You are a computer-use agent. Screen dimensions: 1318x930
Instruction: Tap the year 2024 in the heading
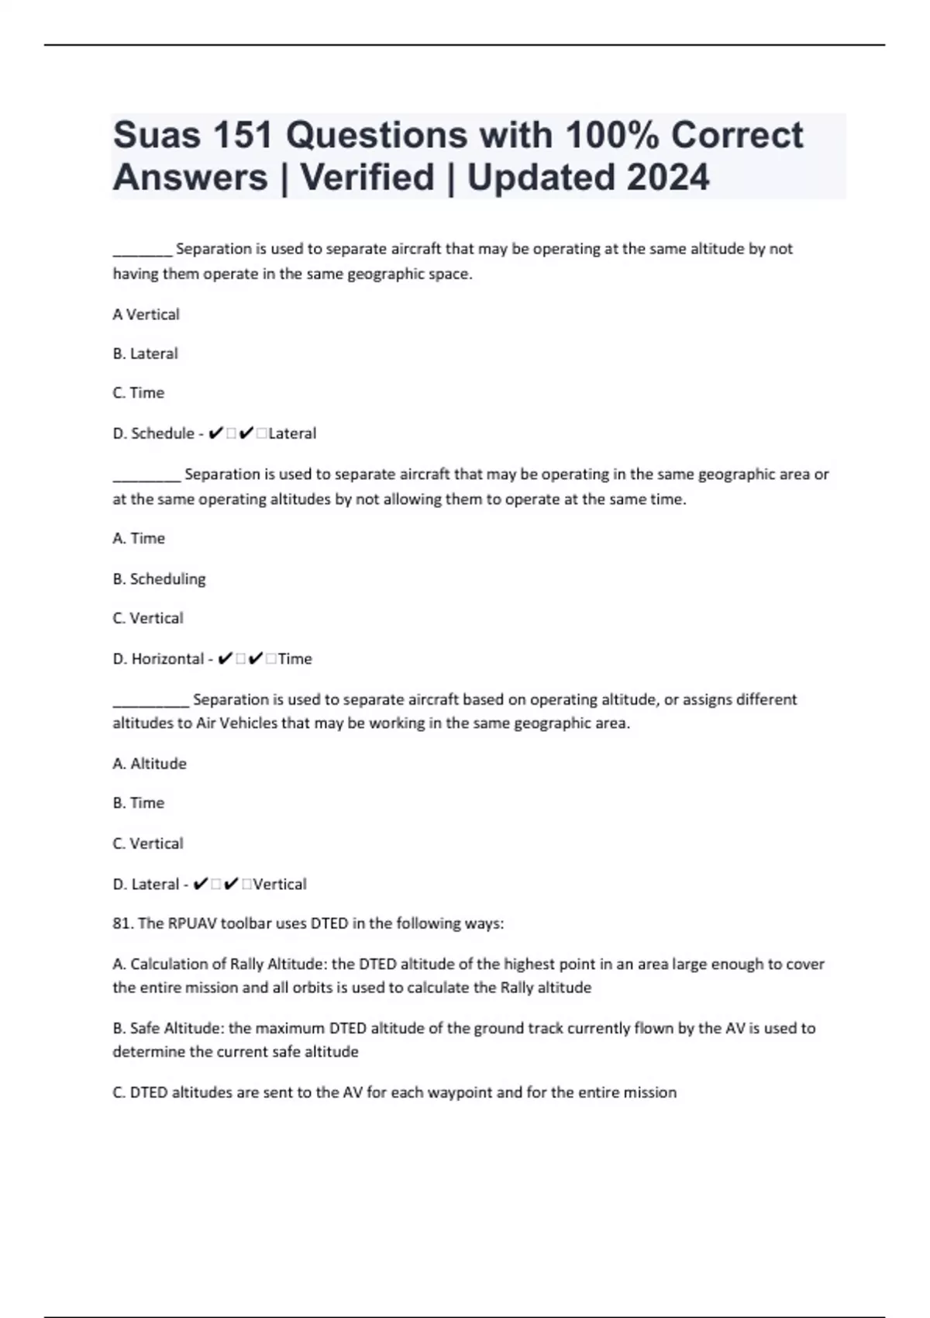(x=666, y=178)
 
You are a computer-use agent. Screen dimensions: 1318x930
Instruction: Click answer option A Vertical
(x=146, y=315)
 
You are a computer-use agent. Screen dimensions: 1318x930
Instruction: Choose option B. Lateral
(x=145, y=354)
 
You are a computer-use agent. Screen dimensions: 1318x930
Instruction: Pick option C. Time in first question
(x=138, y=393)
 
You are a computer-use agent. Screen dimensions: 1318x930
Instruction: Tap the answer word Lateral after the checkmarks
(x=292, y=433)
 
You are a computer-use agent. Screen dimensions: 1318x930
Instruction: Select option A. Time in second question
(x=139, y=539)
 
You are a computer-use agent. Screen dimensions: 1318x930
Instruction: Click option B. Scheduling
(x=159, y=579)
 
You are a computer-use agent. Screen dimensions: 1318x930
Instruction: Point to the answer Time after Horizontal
(x=294, y=659)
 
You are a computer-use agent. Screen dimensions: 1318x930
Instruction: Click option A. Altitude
(x=150, y=764)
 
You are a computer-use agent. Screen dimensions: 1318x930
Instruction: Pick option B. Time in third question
(x=138, y=803)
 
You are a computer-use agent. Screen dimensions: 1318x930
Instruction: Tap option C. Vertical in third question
(x=148, y=844)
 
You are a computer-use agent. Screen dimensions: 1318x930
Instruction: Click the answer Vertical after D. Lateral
(x=280, y=885)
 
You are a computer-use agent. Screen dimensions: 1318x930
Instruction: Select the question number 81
(x=122, y=923)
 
